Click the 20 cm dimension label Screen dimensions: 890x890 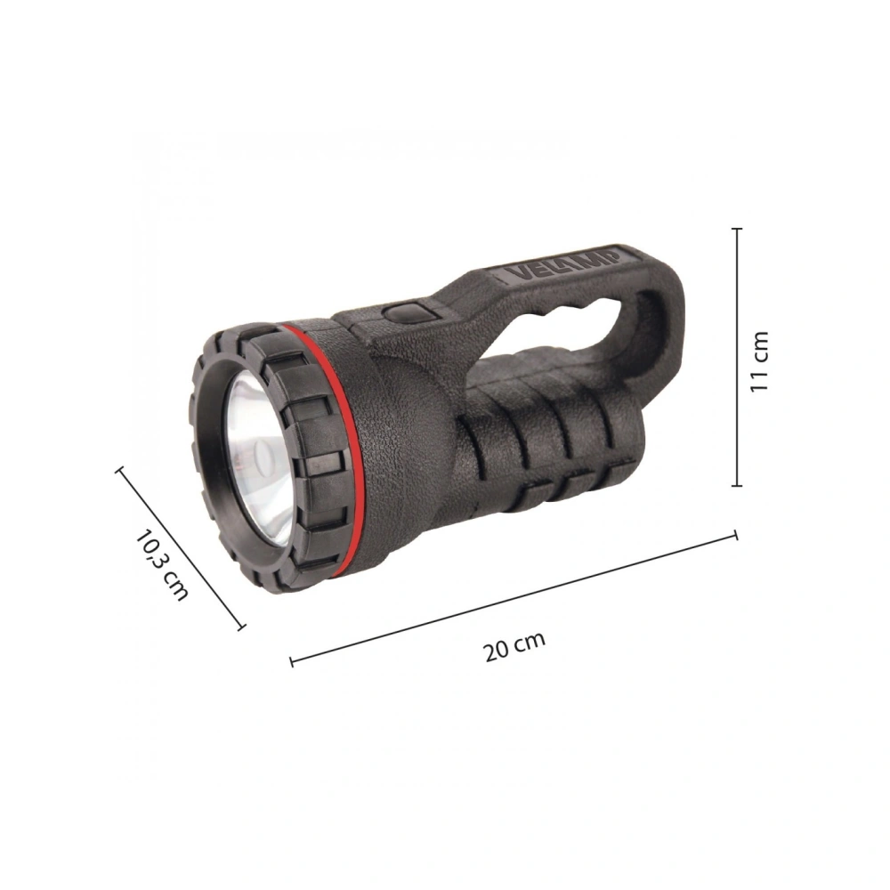514,645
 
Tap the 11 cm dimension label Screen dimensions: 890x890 759,361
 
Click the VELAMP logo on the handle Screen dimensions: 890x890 562,264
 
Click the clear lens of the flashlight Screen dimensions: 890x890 258,460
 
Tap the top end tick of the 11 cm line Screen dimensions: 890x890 737,229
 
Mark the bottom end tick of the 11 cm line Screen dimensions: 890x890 737,485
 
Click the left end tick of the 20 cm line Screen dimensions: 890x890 291,661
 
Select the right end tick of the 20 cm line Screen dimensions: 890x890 736,535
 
